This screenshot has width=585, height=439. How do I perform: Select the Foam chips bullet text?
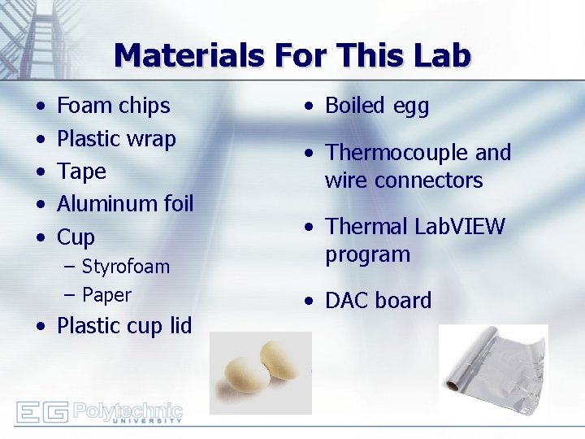113,106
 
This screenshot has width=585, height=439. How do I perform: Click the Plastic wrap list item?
116,139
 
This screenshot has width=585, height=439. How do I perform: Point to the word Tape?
81,172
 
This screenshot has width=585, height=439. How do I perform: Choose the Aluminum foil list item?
124,204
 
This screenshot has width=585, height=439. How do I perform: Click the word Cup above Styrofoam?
76,237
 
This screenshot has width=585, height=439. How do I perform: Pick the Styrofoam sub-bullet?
125,267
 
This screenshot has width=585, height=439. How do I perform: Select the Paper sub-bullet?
106,294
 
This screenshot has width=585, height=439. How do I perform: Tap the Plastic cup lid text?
123,326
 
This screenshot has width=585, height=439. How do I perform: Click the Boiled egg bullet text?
377,106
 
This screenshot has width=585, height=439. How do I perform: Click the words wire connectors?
404,180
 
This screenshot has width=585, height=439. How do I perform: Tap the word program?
367,254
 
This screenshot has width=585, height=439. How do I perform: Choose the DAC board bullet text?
378,301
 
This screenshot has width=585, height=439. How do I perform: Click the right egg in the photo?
280,363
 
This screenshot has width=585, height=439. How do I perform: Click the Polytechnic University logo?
99,412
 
